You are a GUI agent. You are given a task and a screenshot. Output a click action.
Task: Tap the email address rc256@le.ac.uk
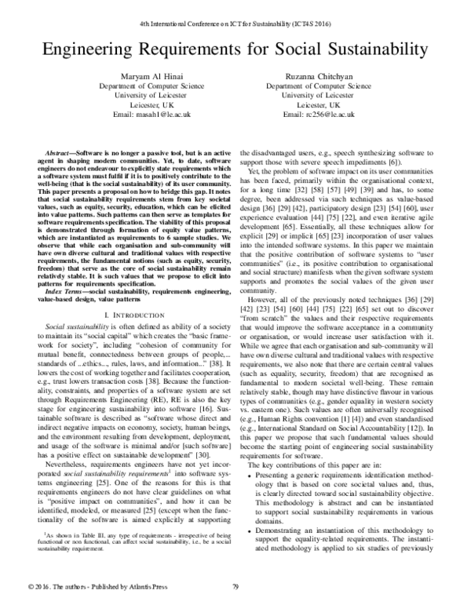(x=345, y=115)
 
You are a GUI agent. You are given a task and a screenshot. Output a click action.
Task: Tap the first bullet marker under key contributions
(x=250, y=476)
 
